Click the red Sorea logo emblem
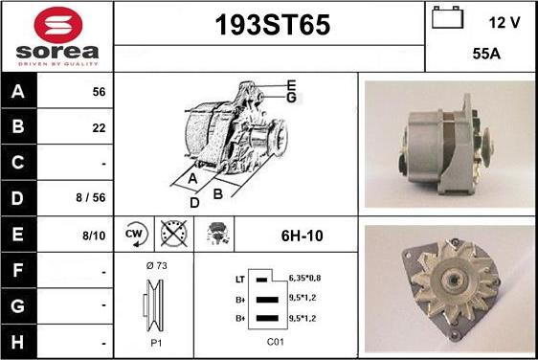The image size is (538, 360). [58, 25]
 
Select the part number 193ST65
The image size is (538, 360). [273, 25]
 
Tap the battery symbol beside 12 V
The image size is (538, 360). [447, 17]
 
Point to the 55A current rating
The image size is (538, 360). [486, 54]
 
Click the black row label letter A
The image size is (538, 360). [18, 91]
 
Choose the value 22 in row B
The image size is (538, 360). [99, 128]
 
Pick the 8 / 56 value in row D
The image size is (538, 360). [91, 197]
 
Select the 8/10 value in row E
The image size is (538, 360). [94, 236]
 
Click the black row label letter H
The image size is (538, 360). [17, 342]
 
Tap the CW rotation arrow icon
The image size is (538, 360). [136, 234]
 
